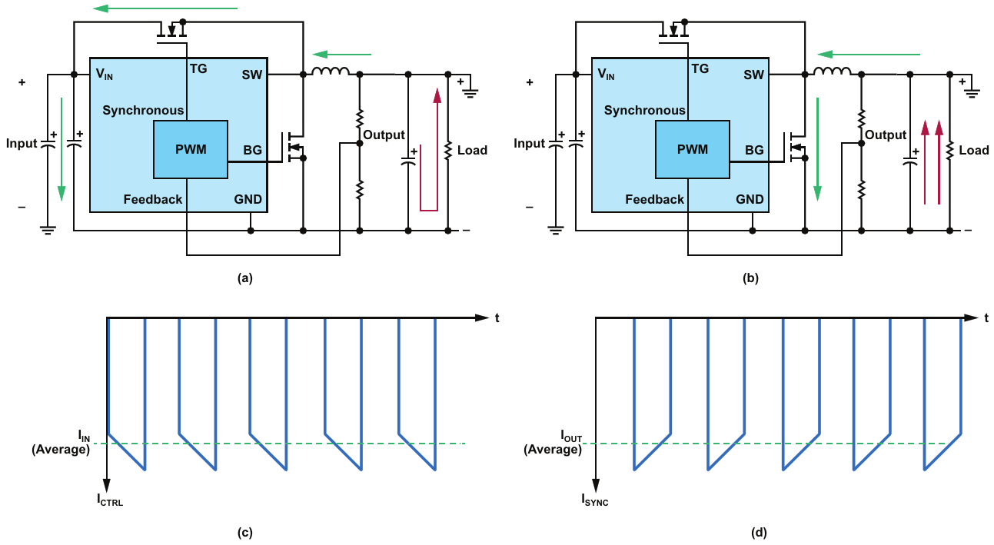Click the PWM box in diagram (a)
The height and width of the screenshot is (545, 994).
[191, 149]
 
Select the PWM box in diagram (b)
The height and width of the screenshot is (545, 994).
[692, 149]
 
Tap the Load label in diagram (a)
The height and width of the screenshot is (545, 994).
[472, 150]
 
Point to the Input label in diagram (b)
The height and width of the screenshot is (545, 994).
[529, 143]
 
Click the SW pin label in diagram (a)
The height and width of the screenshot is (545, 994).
[251, 75]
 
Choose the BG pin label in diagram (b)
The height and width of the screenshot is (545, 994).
[754, 150]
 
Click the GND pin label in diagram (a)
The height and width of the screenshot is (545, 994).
[248, 200]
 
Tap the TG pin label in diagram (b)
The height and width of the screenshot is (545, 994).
[700, 68]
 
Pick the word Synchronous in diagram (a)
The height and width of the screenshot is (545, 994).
[144, 110]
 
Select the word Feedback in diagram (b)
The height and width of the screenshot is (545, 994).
[654, 200]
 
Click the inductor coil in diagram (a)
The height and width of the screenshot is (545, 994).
[330, 72]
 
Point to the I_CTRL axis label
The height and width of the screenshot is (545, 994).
[110, 500]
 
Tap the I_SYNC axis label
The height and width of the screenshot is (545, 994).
[597, 500]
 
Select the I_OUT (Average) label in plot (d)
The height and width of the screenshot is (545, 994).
[553, 444]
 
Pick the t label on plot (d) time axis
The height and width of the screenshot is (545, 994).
[986, 317]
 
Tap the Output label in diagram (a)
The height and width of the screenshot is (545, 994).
[384, 135]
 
